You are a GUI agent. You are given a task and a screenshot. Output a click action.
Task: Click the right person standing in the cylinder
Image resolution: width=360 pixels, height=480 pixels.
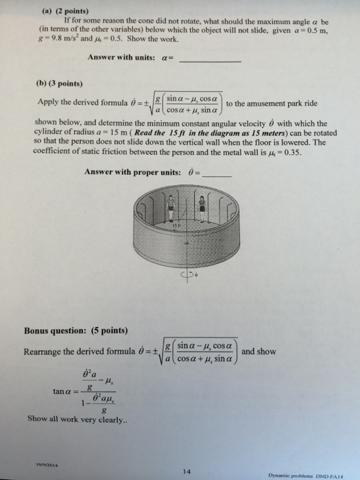point(204,206)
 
